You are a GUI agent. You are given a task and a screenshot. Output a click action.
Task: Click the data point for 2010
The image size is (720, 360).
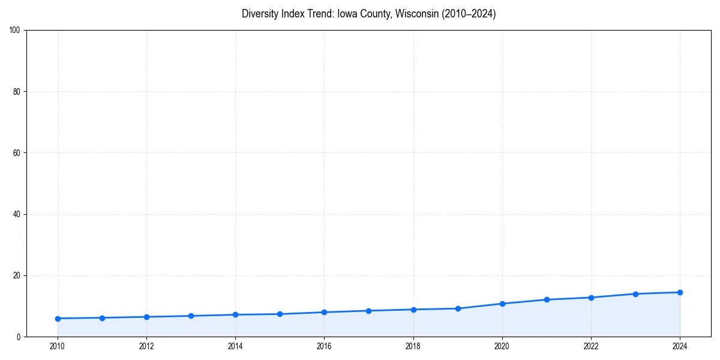click(x=58, y=319)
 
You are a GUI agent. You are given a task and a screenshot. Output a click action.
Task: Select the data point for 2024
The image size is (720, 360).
click(x=680, y=292)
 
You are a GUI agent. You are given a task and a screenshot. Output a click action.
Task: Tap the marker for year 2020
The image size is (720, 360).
click(x=502, y=304)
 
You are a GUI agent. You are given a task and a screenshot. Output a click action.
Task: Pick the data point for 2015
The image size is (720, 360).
click(x=280, y=314)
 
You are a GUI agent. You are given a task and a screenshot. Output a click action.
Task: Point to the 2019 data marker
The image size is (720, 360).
click(x=458, y=308)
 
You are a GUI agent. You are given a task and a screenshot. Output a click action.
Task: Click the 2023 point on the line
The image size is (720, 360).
click(x=635, y=294)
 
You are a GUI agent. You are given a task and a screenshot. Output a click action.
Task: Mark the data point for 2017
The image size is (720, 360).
click(x=368, y=311)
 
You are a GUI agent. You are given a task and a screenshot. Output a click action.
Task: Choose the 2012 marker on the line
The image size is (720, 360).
click(x=146, y=317)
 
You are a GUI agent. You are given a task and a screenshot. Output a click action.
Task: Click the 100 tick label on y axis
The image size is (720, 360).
click(x=15, y=31)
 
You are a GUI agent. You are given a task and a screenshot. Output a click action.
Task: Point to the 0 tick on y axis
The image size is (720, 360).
click(x=19, y=337)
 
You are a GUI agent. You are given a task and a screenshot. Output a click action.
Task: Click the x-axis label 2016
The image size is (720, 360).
click(x=324, y=346)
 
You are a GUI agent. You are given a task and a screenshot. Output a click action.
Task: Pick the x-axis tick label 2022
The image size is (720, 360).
click(x=591, y=346)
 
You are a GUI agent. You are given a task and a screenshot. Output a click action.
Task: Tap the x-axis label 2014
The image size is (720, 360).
click(x=235, y=346)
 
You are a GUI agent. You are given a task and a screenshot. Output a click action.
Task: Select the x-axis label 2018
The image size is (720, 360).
click(x=413, y=346)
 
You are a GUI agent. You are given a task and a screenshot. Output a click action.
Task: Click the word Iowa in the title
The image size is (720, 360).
click(x=348, y=14)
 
